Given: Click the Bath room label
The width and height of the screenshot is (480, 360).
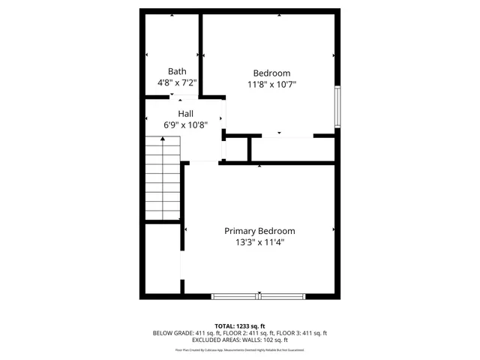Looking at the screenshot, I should click(176, 72).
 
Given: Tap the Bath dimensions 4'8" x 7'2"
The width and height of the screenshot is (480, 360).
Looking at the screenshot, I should click(176, 83).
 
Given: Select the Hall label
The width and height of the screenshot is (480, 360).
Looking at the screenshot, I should click(185, 113).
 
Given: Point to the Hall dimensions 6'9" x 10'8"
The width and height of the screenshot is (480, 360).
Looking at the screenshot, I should click(185, 124).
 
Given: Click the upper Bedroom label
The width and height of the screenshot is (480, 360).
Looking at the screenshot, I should click(271, 73).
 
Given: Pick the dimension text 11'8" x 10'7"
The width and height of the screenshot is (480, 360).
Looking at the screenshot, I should click(271, 84).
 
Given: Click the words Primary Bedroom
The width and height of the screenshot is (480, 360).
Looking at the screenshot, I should click(259, 231).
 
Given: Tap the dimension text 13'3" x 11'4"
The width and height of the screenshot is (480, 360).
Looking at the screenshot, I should click(259, 242).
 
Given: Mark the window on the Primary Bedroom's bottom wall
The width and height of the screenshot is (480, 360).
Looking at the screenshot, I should click(259, 296).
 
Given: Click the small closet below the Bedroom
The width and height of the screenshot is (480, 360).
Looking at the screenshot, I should click(235, 149).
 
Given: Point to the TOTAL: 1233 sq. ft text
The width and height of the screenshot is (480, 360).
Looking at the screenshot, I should click(240, 325).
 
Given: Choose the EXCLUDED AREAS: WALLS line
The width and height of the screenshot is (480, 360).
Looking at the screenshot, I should click(240, 340).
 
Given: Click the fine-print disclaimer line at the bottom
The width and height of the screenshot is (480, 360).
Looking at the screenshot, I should click(240, 349).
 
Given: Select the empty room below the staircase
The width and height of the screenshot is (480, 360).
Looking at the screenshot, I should click(162, 258).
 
